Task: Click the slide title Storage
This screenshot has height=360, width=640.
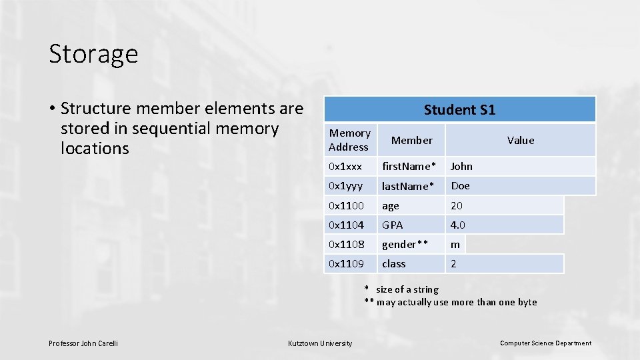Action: [x=93, y=54]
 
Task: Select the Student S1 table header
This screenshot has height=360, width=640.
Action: [x=459, y=110]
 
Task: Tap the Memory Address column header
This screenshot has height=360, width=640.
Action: [x=349, y=140]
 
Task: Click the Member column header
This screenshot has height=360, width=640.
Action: [x=411, y=140]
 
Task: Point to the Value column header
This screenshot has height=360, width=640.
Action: [x=520, y=140]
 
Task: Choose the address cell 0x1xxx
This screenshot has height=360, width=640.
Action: [x=345, y=167]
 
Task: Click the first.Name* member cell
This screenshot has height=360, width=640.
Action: [x=409, y=167]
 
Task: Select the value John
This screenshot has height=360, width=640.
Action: [x=461, y=167]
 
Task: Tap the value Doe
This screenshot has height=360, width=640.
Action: [x=460, y=186]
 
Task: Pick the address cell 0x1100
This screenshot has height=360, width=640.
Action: [x=347, y=205]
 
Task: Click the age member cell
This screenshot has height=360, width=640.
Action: [x=391, y=205]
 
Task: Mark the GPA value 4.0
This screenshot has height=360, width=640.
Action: [x=458, y=225]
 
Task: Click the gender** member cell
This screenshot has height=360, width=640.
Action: [x=405, y=244]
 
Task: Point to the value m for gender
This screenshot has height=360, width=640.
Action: [x=455, y=244]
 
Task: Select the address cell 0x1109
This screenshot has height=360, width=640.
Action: [x=347, y=263]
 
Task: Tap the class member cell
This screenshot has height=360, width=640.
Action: [x=393, y=263]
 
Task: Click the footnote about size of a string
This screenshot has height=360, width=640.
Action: [x=402, y=289]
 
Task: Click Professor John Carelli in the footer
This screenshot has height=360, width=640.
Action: [x=83, y=343]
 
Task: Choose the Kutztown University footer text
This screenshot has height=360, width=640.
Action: [x=320, y=343]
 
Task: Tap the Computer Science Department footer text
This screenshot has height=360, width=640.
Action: [x=545, y=343]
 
